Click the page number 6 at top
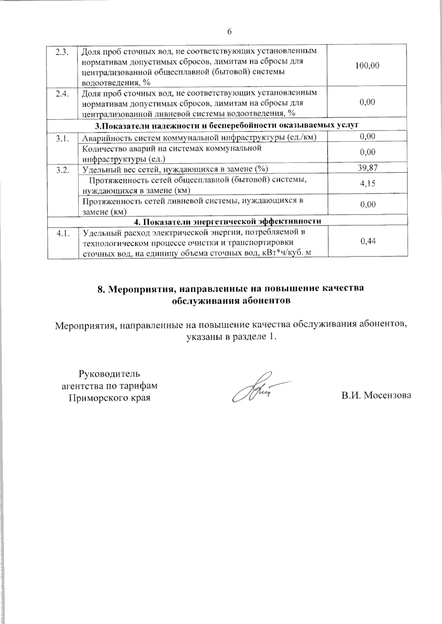(229, 32)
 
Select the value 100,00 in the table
(367, 66)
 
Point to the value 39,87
(367, 168)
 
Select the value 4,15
(367, 183)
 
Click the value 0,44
(367, 241)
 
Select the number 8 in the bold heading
(99, 289)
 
